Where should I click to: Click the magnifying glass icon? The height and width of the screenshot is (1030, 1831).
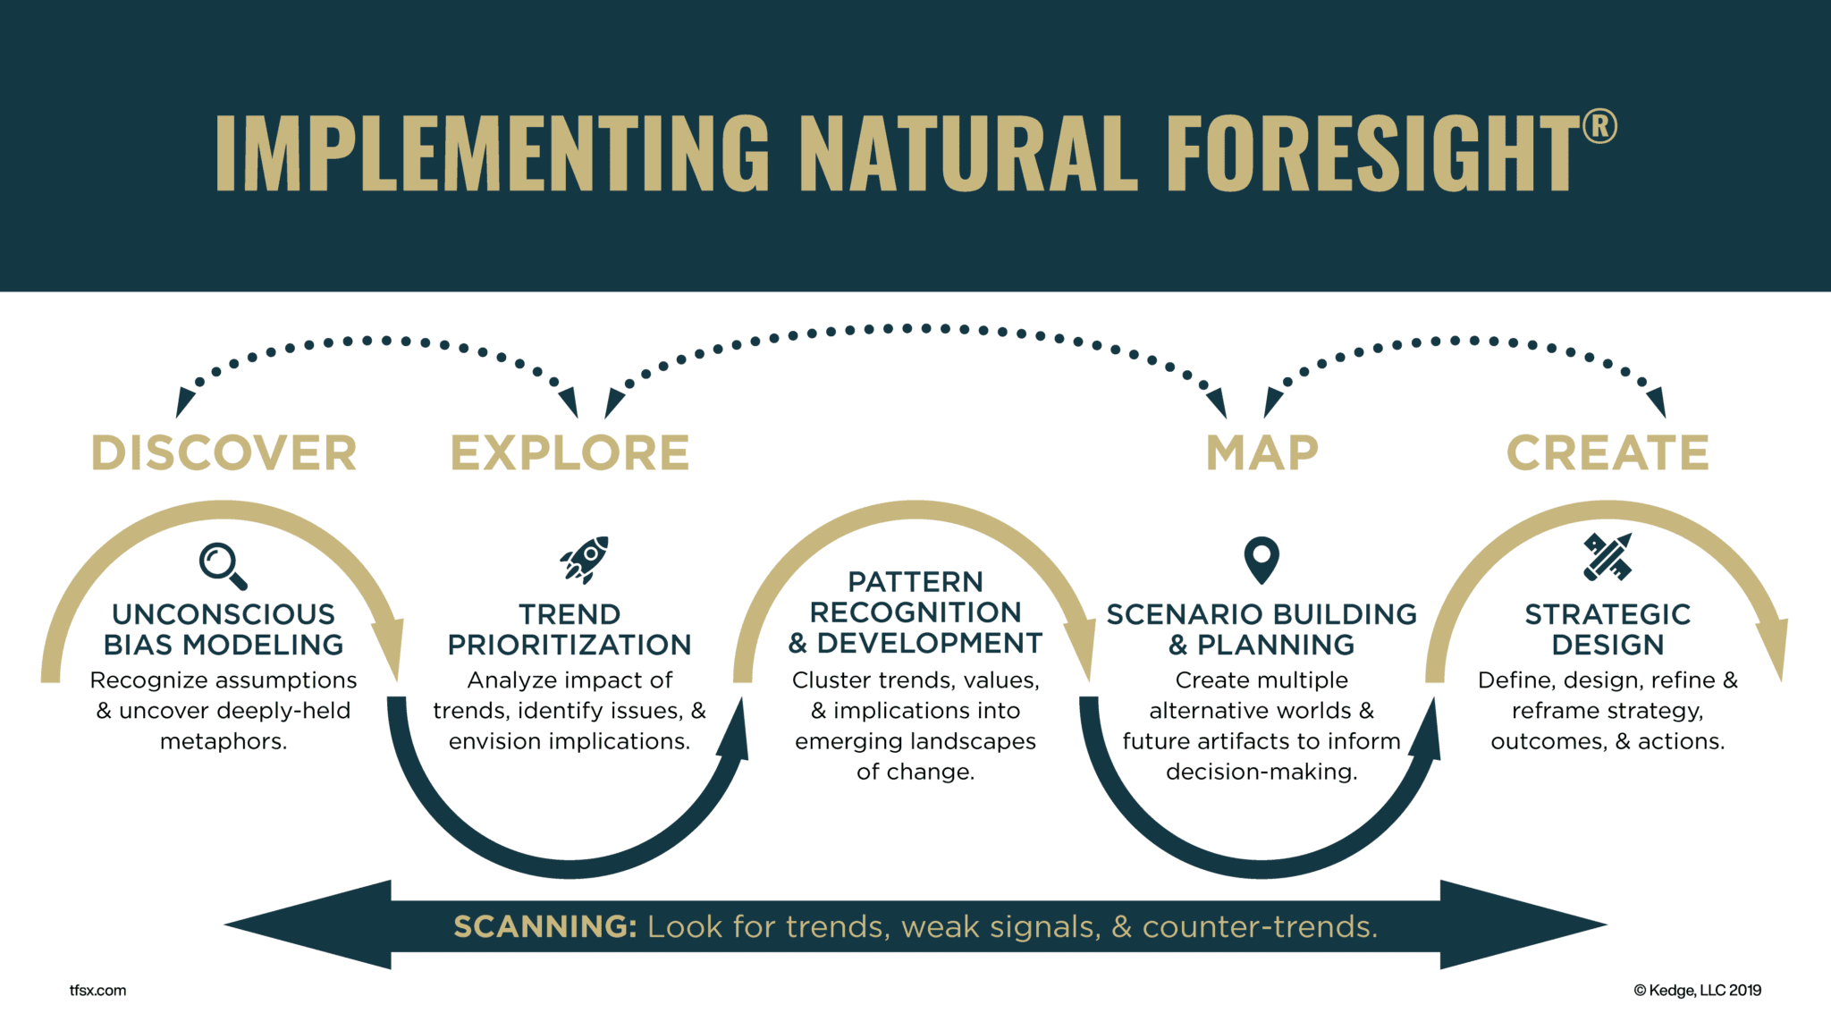tap(222, 565)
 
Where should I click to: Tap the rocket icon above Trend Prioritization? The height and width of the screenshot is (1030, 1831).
tap(585, 560)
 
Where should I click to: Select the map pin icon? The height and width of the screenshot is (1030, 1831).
tap(1261, 559)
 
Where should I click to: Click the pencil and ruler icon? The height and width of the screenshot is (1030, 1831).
tap(1607, 556)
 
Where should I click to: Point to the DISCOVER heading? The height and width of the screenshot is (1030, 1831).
tap(224, 452)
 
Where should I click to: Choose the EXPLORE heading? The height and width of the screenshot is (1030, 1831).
tap(570, 452)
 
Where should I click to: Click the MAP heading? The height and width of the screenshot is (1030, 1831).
tap(1261, 452)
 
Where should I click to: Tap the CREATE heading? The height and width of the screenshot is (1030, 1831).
tap(1607, 452)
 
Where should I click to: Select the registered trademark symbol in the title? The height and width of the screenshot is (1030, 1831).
tap(1599, 127)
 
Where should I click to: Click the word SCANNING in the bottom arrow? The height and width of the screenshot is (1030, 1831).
tap(544, 926)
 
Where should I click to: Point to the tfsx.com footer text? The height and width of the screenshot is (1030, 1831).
tap(97, 990)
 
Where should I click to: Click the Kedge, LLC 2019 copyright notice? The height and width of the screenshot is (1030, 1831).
tap(1697, 990)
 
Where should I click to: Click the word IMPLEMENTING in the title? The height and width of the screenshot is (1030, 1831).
tap(492, 154)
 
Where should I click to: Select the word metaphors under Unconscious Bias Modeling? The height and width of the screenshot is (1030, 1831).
tap(224, 741)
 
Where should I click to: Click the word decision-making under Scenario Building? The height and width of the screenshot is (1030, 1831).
tap(1261, 772)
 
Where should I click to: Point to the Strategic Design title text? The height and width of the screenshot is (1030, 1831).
tap(1607, 629)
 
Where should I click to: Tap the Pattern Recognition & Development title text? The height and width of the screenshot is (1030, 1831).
tap(915, 612)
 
